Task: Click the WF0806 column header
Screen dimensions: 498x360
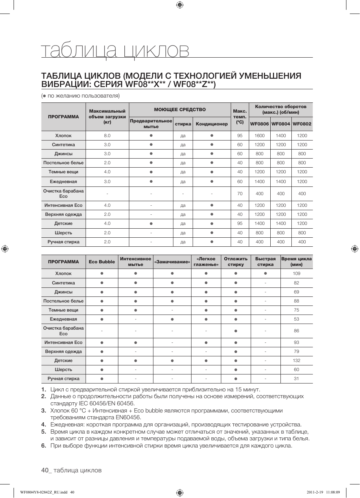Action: click(x=259, y=124)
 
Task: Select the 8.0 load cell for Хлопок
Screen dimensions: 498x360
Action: click(x=107, y=136)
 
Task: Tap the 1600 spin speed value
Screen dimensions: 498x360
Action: click(x=259, y=136)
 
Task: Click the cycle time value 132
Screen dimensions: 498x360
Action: click(x=296, y=361)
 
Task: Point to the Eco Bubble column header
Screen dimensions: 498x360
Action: click(x=102, y=262)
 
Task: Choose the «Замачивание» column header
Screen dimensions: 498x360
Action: click(x=172, y=262)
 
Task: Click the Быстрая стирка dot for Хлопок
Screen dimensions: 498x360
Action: click(x=265, y=273)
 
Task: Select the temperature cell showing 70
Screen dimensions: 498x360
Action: click(x=240, y=194)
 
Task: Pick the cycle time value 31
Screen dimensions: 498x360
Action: click(x=296, y=379)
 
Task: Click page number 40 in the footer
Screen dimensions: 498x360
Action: click(x=45, y=470)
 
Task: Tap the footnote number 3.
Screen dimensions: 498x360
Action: click(x=44, y=411)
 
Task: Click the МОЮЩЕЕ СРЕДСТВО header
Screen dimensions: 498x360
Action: click(x=180, y=110)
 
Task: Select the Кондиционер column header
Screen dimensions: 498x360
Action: click(x=212, y=124)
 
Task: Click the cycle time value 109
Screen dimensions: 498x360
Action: click(x=296, y=273)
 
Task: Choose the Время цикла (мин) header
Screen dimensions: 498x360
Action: click(x=296, y=262)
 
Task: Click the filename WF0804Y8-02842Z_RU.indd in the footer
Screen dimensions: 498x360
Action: click(x=43, y=492)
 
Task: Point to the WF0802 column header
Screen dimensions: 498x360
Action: click(x=302, y=124)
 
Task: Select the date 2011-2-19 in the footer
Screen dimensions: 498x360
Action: click(x=315, y=492)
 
